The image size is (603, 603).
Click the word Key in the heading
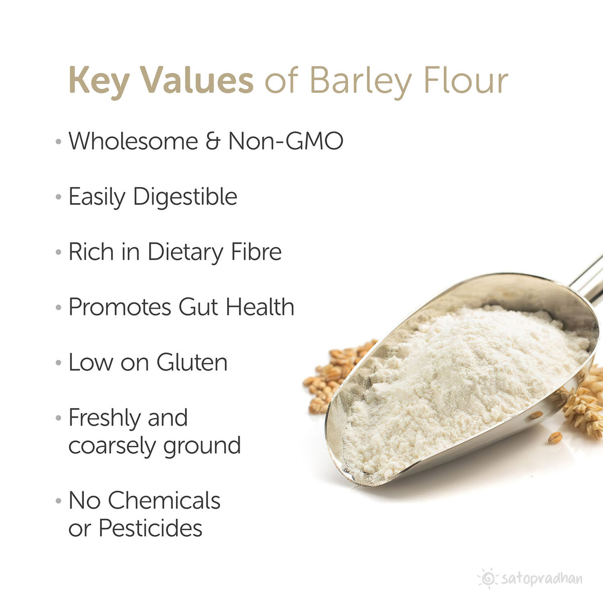(x=99, y=81)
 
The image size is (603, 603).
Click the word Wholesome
(x=133, y=141)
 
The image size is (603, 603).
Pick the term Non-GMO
(x=285, y=141)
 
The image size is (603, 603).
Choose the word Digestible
(x=185, y=196)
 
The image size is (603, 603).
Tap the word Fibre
(x=256, y=252)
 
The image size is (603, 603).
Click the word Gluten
(x=192, y=362)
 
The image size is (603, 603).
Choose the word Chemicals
(x=164, y=500)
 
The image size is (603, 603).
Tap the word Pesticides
(x=150, y=528)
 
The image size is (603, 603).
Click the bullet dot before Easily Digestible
(x=58, y=197)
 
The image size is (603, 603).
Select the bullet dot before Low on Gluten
(x=58, y=363)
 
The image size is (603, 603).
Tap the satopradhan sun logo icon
(x=487, y=578)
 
